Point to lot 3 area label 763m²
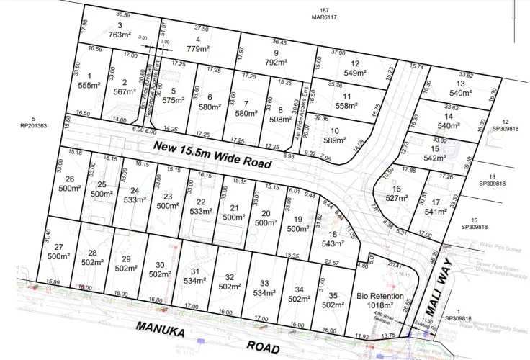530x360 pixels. click(x=119, y=34)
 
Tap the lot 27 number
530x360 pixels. click(x=58, y=247)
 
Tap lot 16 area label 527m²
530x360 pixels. click(x=397, y=197)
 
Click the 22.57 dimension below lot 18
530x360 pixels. click(x=331, y=262)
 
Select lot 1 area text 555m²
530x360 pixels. click(x=89, y=85)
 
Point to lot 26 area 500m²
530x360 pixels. click(x=69, y=189)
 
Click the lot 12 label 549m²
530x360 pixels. click(x=355, y=73)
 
